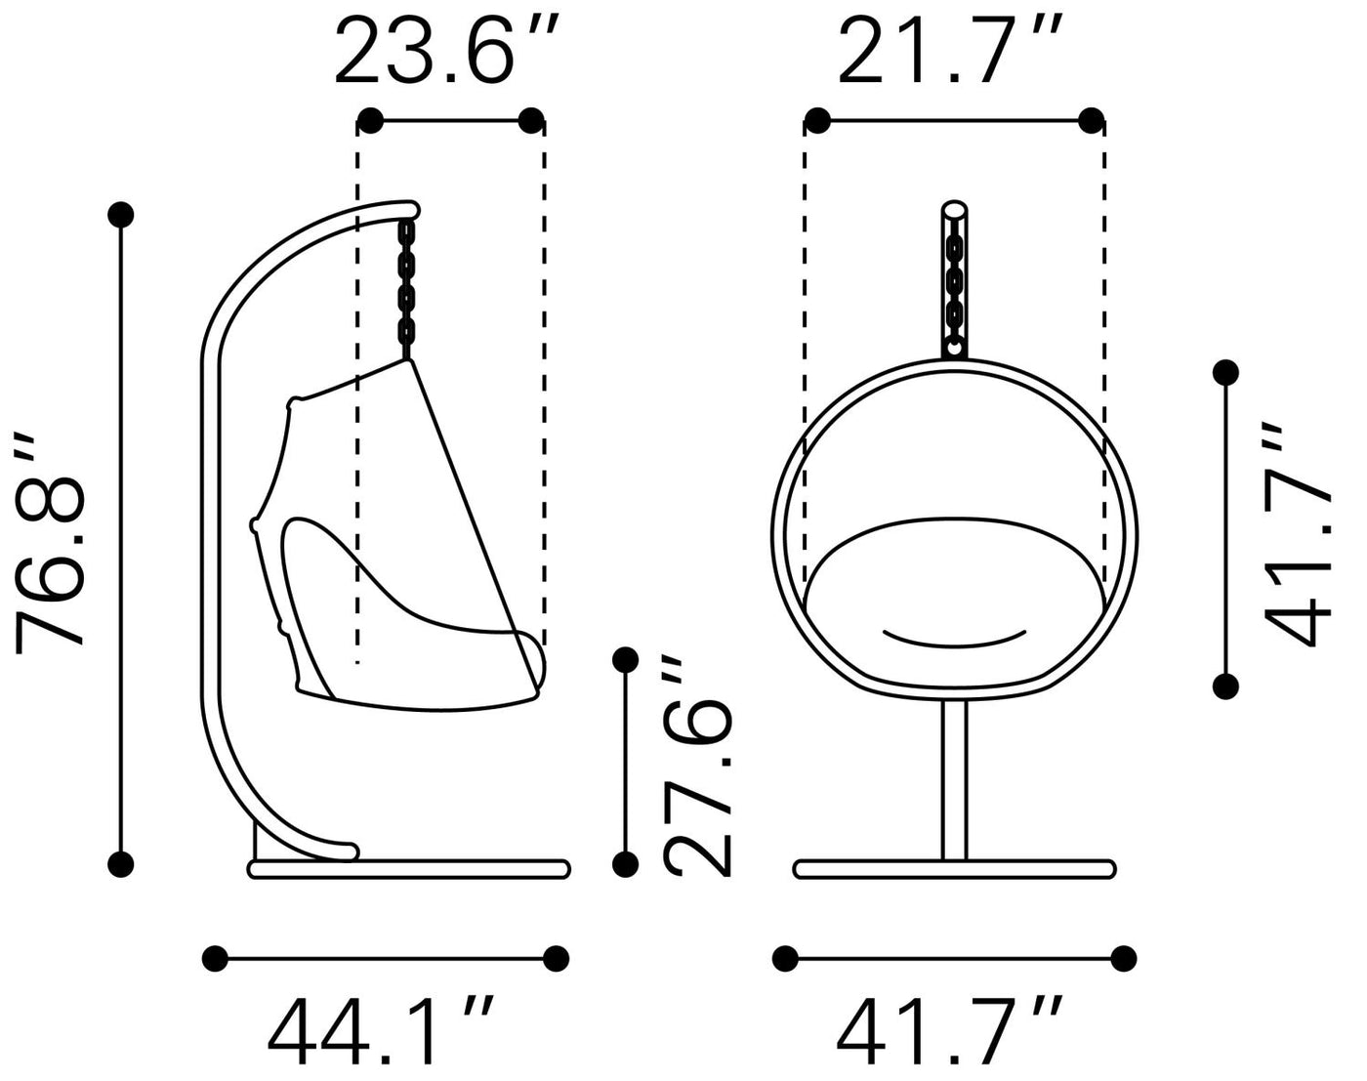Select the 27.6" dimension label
coord(697,766)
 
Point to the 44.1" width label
coord(381,1033)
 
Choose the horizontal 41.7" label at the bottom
coord(949,1033)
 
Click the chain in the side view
coord(406,289)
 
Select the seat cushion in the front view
coord(954,603)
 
